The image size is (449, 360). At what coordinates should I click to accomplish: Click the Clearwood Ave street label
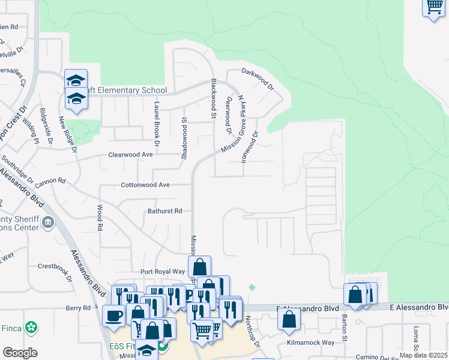[x=130, y=154]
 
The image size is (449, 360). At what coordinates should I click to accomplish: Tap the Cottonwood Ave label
[x=146, y=185]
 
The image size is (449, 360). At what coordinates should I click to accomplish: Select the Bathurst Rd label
[x=164, y=211]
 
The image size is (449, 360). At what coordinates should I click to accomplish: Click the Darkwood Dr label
[x=258, y=79]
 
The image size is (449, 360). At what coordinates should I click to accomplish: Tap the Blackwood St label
[x=212, y=97]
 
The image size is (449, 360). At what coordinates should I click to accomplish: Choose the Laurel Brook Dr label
[x=156, y=124]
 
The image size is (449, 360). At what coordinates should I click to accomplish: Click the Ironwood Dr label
[x=251, y=143]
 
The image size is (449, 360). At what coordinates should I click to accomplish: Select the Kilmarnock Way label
[x=310, y=343]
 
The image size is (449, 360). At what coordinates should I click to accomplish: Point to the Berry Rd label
[x=78, y=308]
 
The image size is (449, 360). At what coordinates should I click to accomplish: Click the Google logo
[x=20, y=353]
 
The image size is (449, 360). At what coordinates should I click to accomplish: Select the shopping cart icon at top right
[x=433, y=7]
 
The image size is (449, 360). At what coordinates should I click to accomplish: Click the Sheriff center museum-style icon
[x=48, y=224]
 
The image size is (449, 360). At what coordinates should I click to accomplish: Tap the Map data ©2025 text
[x=424, y=355]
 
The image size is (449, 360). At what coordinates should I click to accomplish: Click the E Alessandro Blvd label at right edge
[x=418, y=307]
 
